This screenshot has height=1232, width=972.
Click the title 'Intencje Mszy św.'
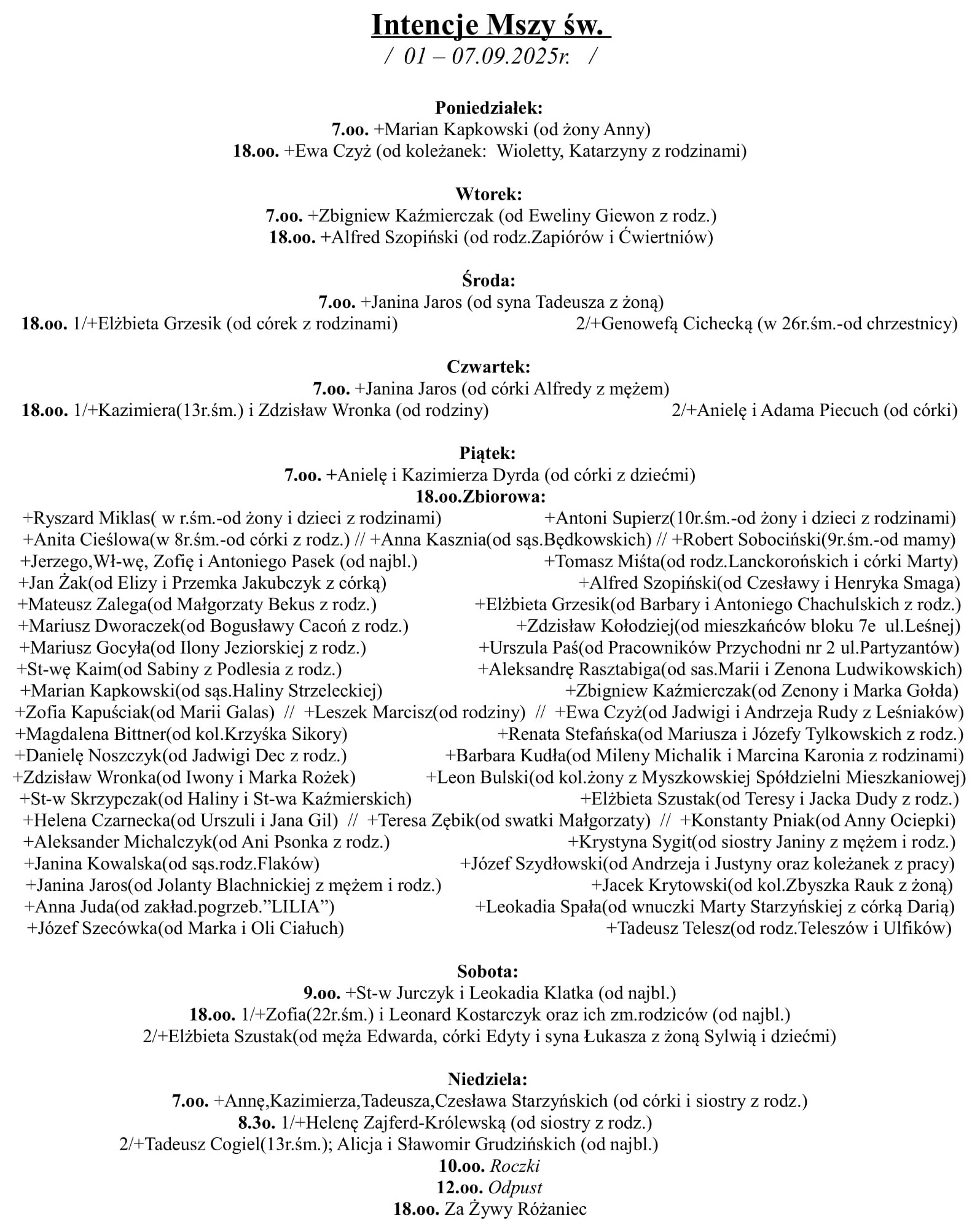491,26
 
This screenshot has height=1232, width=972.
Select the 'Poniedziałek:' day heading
489,108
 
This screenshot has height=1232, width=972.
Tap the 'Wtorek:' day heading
488,194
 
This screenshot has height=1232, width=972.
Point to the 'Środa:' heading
488,281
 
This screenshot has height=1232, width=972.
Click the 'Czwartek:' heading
488,367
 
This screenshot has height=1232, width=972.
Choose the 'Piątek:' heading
488,453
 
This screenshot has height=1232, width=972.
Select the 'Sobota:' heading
488,971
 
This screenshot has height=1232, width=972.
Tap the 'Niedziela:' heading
488,1079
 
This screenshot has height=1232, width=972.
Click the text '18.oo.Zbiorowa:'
481,496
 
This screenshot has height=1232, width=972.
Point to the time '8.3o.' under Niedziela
256,1123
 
